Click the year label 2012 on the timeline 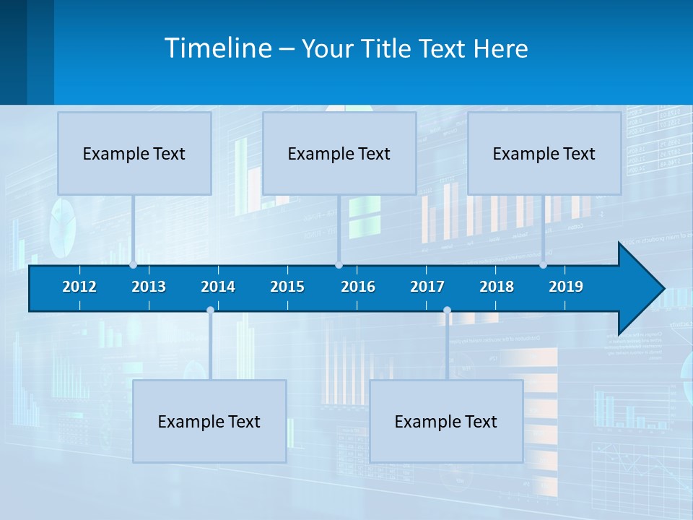79,287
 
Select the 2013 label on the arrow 149,287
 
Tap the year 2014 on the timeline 218,287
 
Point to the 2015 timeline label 287,287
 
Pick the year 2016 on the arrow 358,287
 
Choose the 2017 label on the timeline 427,287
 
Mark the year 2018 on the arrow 497,287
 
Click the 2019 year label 566,287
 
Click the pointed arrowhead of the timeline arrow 642,288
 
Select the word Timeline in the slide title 218,48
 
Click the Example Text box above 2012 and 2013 134,153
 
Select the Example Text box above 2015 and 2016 339,153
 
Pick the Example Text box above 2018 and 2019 544,153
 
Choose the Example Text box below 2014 209,421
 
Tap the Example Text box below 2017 446,421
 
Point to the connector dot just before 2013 133,265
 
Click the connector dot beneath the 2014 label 210,311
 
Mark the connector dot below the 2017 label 447,311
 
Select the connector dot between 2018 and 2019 544,265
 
